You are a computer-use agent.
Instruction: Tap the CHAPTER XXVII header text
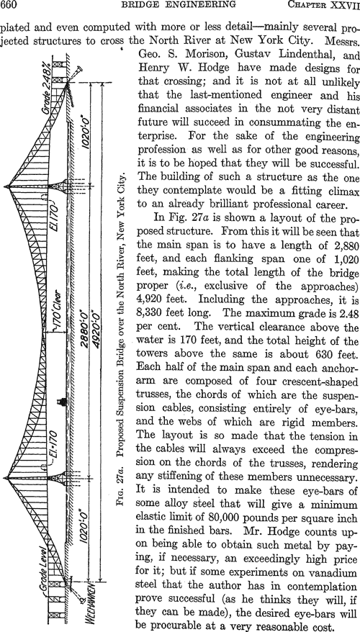[x=327, y=5]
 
